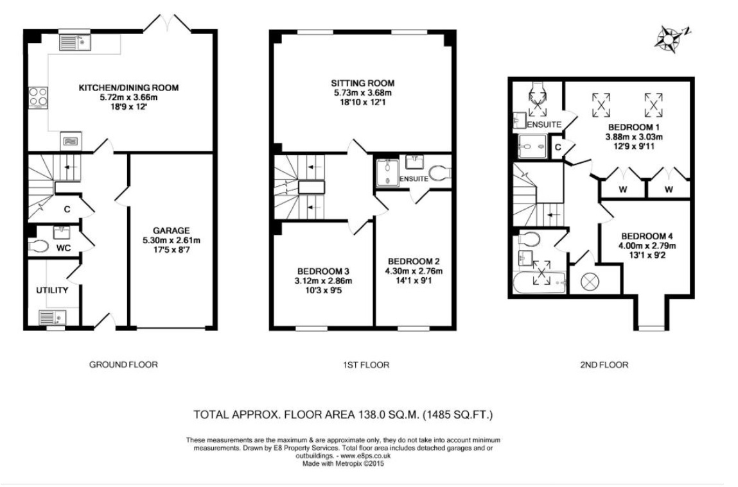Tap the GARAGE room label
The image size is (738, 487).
click(x=171, y=231)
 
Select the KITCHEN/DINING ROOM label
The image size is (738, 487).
click(x=128, y=87)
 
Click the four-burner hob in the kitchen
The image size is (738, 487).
click(x=39, y=98)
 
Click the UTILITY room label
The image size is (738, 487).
click(x=52, y=290)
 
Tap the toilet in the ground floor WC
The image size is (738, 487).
click(x=38, y=246)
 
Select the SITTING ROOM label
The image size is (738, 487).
click(x=362, y=83)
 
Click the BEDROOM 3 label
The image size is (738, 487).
click(x=323, y=271)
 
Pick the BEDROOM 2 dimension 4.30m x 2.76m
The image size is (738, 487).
click(x=414, y=271)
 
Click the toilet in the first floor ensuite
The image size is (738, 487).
click(x=440, y=173)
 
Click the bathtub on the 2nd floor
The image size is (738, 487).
click(x=539, y=283)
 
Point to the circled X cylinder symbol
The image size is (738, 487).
click(x=589, y=282)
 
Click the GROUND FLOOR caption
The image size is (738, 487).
click(x=123, y=364)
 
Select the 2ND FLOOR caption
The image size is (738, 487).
click(x=604, y=364)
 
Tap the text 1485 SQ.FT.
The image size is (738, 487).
click(x=457, y=414)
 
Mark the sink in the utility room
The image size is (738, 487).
click(x=52, y=318)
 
